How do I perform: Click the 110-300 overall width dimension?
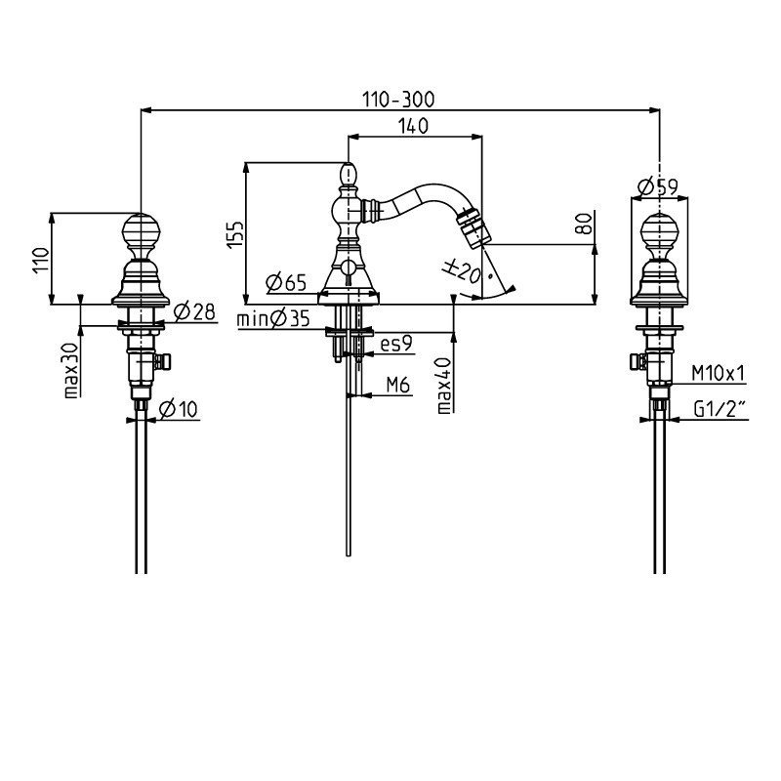click(398, 100)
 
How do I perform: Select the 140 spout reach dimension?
click(413, 126)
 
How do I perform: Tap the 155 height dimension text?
click(235, 233)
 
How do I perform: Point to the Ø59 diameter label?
click(657, 187)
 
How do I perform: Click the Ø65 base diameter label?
click(286, 282)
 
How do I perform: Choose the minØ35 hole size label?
click(273, 318)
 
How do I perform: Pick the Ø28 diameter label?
click(194, 311)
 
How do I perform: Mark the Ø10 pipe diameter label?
click(179, 409)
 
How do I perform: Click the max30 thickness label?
click(71, 370)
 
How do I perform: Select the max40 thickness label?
click(444, 386)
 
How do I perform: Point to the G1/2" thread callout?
click(719, 409)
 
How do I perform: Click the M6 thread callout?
click(398, 385)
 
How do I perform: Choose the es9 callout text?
click(396, 344)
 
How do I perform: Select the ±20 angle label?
click(462, 271)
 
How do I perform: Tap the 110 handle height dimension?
click(41, 260)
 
